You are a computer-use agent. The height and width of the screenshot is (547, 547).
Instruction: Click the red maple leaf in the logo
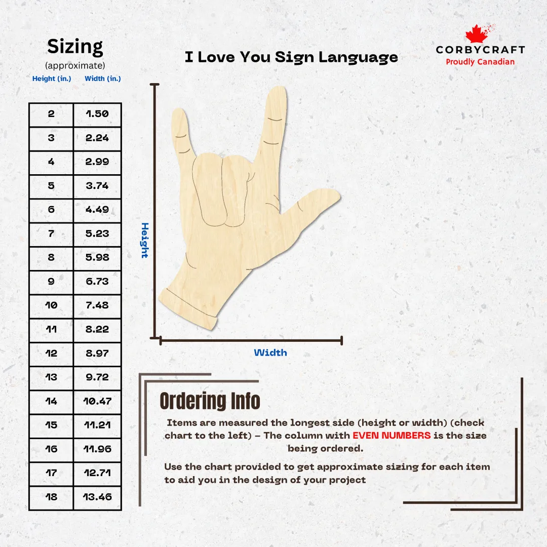pos(477,34)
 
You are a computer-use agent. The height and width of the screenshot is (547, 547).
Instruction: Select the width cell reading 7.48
pos(97,306)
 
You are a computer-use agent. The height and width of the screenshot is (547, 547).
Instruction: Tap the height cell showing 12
pos(51,354)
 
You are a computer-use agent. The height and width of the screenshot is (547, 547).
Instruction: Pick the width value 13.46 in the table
pos(97,497)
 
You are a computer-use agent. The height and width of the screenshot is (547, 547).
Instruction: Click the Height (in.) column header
pos(52,79)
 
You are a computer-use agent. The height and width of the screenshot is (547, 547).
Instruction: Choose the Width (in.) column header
pos(102,79)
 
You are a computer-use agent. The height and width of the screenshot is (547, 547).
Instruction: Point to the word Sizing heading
pos(75,47)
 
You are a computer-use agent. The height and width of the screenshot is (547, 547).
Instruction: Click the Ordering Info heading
pos(210,401)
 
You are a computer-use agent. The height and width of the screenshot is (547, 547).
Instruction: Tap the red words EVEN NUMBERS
pos(392,436)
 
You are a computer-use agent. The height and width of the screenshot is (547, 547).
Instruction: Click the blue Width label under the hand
pos(270,353)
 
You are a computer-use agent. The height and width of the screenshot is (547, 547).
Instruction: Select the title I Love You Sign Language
pos(291,57)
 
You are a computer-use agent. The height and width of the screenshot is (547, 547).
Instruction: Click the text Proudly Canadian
pos(480,62)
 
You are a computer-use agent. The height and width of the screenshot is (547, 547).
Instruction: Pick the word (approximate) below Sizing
pos(75,65)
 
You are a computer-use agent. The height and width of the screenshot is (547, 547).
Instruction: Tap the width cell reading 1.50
pos(97,114)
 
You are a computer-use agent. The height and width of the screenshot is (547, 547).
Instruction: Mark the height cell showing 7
pos(51,234)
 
